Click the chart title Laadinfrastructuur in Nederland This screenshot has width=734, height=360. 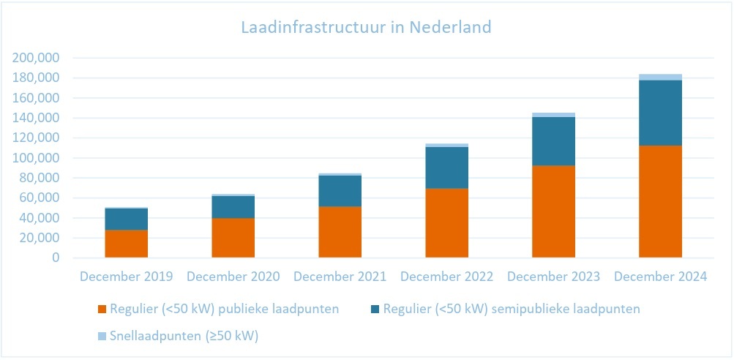click(x=366, y=28)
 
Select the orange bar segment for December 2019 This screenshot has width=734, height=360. click(x=126, y=244)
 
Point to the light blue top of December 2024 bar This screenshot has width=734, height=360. click(x=660, y=77)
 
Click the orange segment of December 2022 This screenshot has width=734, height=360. click(x=446, y=223)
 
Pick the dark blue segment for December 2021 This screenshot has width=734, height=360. click(x=340, y=191)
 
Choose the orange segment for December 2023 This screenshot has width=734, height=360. click(x=553, y=211)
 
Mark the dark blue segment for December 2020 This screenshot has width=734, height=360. click(x=233, y=207)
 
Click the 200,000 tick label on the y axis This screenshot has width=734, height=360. click(x=36, y=58)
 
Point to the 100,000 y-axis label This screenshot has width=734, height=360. click(x=36, y=158)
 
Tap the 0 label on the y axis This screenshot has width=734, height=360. click(x=56, y=258)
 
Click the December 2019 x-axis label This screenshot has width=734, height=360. click(x=127, y=277)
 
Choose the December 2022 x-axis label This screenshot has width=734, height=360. click(x=447, y=277)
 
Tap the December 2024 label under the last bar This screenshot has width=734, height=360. click(x=661, y=277)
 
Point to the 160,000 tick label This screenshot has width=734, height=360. click(x=36, y=98)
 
